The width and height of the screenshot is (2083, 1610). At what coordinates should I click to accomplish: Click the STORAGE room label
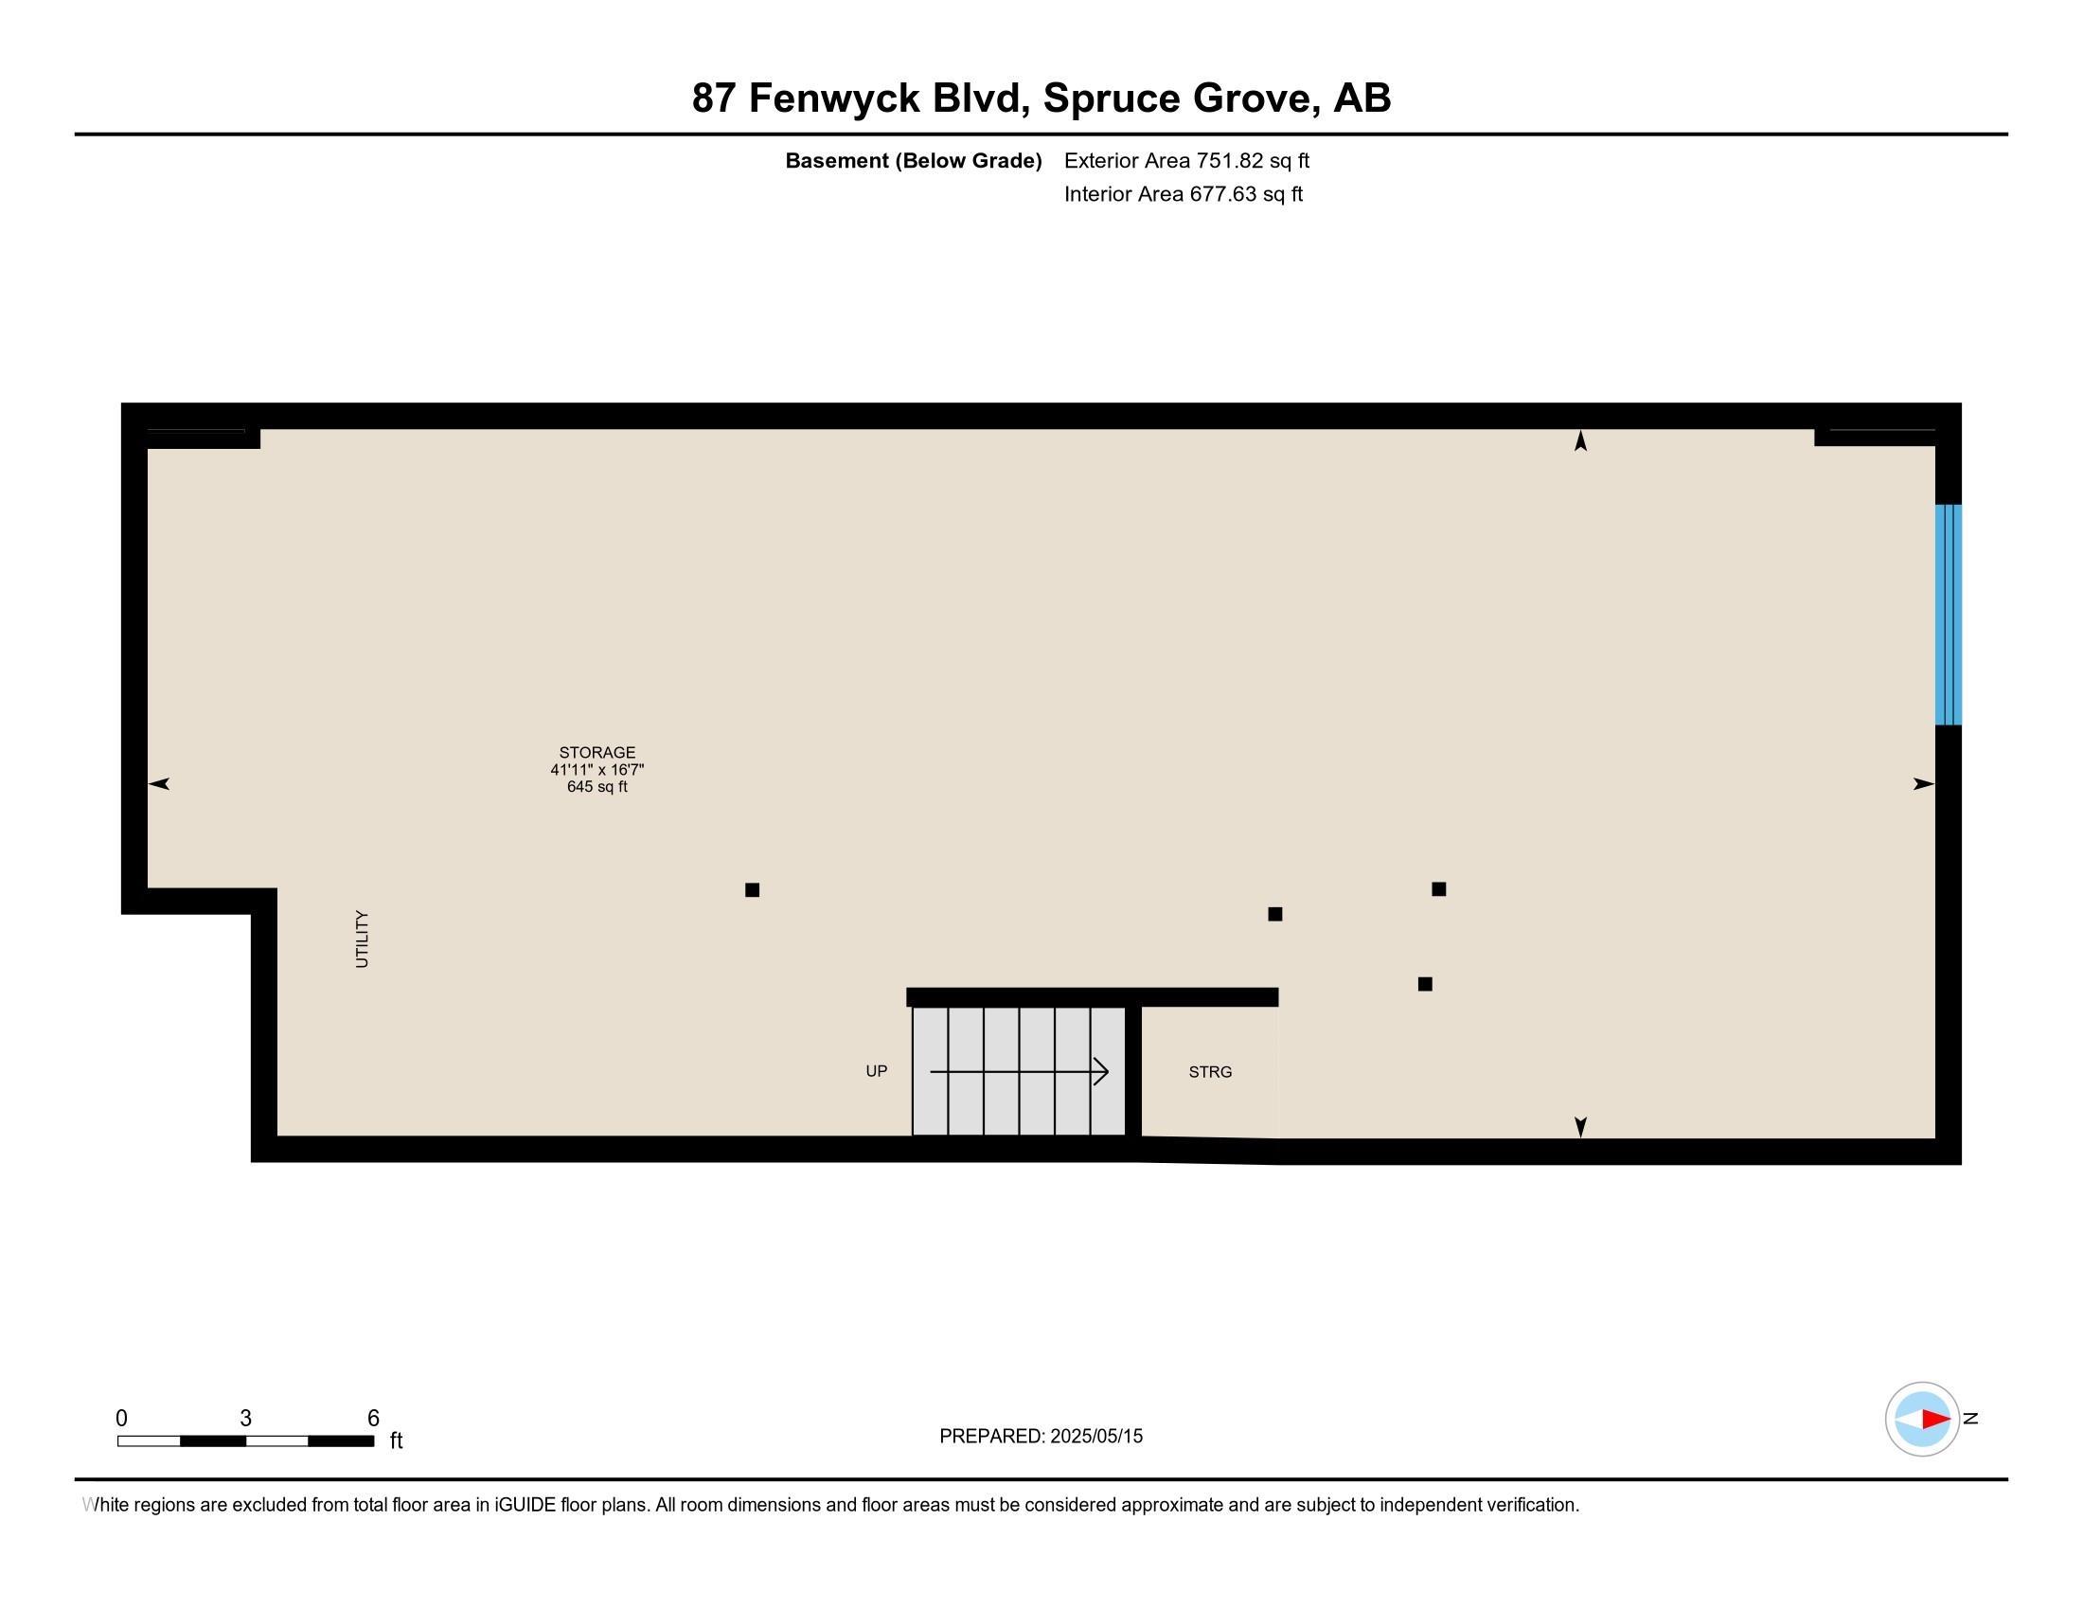click(x=597, y=753)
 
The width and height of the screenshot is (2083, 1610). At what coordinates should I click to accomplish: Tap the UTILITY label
click(x=362, y=939)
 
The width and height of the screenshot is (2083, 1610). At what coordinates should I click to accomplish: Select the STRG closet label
click(x=1210, y=1072)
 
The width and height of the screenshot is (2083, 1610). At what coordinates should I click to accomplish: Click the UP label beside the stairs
click(x=877, y=1071)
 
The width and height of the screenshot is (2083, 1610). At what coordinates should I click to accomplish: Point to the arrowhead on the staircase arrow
click(x=1101, y=1072)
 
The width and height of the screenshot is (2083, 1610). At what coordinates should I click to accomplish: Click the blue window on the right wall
click(x=1948, y=615)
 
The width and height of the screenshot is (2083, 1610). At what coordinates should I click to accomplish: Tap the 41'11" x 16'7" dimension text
click(x=597, y=770)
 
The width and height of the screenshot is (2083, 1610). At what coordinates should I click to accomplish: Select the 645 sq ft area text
click(x=597, y=787)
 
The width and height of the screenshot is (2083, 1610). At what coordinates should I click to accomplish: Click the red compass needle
click(x=1935, y=1420)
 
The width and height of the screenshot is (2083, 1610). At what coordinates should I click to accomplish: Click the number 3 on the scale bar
click(x=245, y=1419)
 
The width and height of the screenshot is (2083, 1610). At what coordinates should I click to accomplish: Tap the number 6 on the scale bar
click(x=373, y=1419)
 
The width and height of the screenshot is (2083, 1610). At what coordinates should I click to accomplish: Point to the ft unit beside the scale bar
click(x=396, y=1440)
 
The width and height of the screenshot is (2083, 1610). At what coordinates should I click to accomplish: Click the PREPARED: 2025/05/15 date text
click(x=1041, y=1437)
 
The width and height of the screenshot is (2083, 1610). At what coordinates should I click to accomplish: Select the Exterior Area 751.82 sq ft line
click(x=1186, y=160)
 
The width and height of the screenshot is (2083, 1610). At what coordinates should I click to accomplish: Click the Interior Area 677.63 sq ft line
click(x=1183, y=193)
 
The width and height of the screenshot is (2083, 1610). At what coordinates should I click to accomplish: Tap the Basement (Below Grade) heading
click(x=913, y=160)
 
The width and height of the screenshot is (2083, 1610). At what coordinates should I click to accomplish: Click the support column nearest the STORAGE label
click(x=752, y=890)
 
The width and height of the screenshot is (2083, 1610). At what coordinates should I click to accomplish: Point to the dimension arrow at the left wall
click(x=159, y=784)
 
